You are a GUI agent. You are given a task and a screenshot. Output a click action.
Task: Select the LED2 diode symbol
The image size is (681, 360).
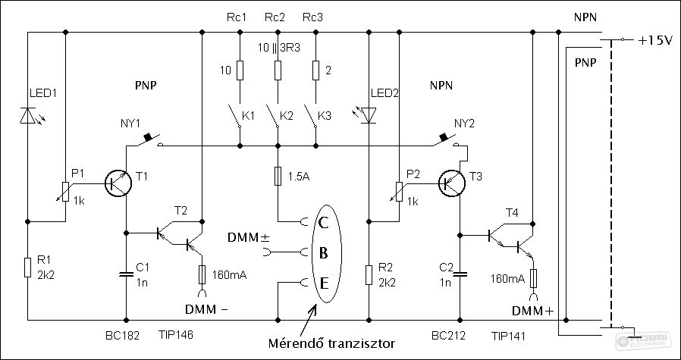369,115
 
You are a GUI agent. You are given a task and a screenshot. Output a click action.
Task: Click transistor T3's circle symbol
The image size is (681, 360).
453,183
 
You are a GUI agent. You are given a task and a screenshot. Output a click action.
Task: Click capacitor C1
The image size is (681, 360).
125,273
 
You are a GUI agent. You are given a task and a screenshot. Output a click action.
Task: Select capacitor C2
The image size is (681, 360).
460,273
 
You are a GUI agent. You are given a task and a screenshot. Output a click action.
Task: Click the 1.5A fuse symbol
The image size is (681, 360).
278,176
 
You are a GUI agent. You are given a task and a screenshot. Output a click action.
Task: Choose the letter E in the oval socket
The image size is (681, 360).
323,283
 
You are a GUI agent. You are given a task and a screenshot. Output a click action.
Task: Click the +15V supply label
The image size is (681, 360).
655,39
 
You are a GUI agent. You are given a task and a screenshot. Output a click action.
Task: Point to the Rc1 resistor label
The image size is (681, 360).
237,16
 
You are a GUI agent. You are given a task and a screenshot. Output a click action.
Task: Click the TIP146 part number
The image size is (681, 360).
176,333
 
